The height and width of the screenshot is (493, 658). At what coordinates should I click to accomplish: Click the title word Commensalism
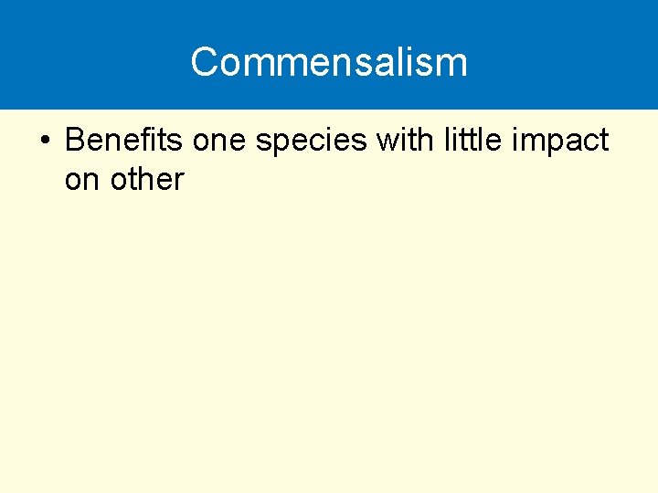tap(329, 62)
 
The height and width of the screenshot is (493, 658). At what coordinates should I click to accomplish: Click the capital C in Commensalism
tap(205, 62)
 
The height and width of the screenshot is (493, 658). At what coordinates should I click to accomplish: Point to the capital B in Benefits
tap(75, 141)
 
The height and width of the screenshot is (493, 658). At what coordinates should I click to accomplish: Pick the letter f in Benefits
tap(151, 141)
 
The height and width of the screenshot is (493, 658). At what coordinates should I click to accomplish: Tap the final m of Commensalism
tap(454, 63)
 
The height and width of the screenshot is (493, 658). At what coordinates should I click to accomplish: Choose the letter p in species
tap(287, 144)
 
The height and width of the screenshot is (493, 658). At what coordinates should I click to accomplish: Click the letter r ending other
tap(179, 179)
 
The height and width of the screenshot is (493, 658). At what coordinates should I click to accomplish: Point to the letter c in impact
tap(589, 142)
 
